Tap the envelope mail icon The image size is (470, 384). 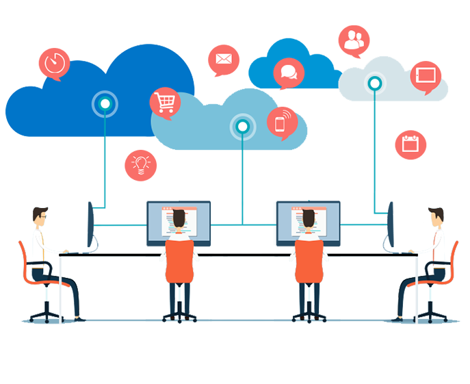point(224,59)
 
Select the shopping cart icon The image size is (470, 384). point(165,103)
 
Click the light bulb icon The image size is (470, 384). point(141,164)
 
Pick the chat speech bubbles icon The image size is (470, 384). point(288,71)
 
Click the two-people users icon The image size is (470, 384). point(354,40)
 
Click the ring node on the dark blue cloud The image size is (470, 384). point(105,104)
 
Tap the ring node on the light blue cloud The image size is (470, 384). point(242,126)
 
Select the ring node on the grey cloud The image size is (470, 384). point(374,84)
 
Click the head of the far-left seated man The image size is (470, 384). point(40,216)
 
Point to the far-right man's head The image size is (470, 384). point(434,218)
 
